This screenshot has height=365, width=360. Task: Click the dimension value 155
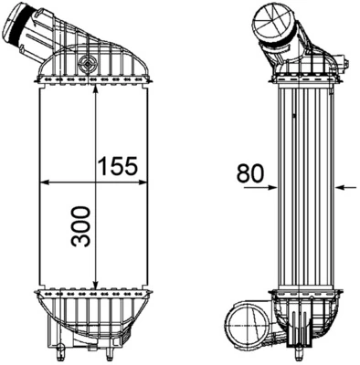(x=118, y=165)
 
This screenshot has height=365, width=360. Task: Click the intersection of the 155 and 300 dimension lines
(x=96, y=181)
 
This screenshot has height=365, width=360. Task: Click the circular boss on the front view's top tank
(x=87, y=64)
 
